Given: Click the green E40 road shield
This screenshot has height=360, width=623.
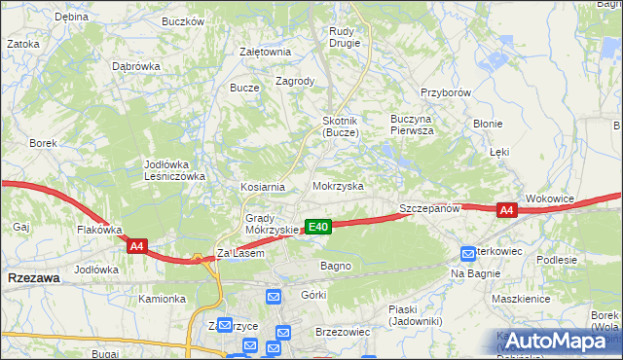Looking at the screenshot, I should point(318,227).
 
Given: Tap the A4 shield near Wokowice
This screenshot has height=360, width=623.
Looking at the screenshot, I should point(505,210).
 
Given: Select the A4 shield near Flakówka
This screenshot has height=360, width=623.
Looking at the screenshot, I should point(137,247).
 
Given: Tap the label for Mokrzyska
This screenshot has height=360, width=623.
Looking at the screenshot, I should point(338,185).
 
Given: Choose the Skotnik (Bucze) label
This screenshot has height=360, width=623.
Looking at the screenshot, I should point(342,126).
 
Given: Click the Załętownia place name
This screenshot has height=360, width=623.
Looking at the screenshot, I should point(265,53).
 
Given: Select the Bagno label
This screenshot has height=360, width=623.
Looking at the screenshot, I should point(335,265).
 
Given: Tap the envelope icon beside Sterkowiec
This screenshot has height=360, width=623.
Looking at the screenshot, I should point(470,253).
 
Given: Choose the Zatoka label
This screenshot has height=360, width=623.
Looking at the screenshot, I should point(22,44).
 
